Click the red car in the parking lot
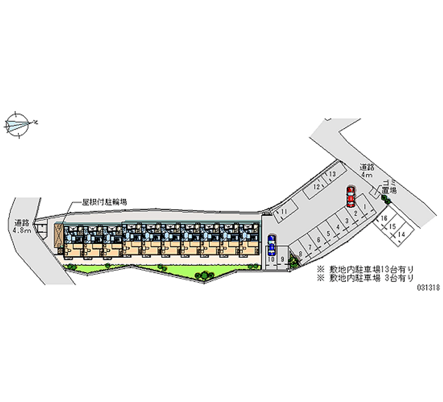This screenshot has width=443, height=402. click(351, 196)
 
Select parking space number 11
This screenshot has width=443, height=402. click(284, 212)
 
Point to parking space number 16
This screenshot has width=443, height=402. click(383, 219)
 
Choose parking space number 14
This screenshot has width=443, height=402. click(401, 234)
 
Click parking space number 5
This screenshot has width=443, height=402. click(329, 233)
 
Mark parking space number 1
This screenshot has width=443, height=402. click(365, 207)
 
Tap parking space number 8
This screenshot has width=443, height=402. click(300, 254)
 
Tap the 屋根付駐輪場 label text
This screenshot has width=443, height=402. click(105, 202)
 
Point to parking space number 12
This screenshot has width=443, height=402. click(317, 187)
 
